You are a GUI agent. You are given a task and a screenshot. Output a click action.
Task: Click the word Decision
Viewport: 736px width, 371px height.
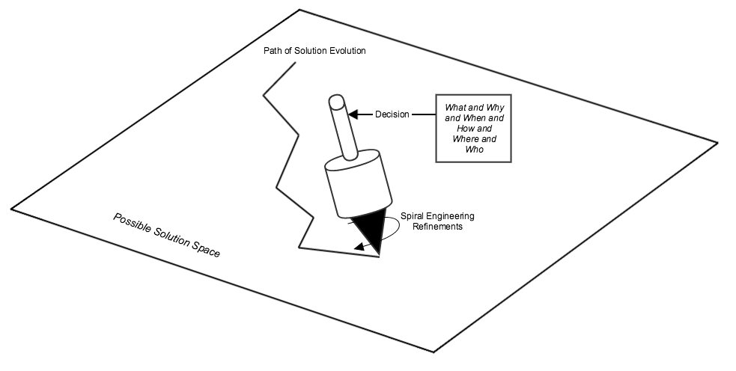(392, 114)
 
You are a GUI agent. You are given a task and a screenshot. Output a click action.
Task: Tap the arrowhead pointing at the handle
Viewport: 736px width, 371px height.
(354, 114)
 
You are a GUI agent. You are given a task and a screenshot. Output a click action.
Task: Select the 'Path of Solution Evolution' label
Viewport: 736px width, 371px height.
(314, 51)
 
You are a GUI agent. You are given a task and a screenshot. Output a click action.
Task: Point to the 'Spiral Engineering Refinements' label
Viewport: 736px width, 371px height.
(437, 221)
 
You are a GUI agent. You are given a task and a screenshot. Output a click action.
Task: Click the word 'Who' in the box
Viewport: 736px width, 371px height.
(474, 150)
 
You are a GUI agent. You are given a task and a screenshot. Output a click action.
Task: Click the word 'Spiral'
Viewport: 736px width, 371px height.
(415, 216)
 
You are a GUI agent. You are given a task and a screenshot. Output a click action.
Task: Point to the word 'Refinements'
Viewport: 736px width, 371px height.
(437, 227)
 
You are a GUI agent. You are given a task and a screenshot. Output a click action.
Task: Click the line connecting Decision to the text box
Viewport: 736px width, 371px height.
(424, 114)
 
